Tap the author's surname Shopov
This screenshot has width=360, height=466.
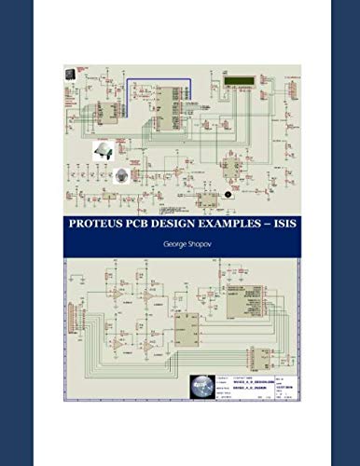[195, 240]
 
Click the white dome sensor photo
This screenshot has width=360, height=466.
[104, 152]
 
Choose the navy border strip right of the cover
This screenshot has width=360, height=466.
[345, 233]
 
